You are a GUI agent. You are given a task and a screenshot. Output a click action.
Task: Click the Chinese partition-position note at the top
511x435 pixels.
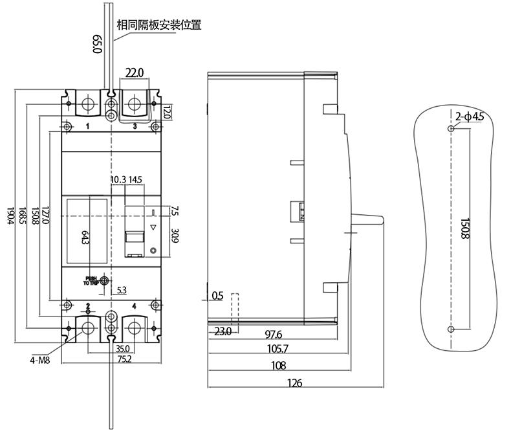click(x=158, y=26)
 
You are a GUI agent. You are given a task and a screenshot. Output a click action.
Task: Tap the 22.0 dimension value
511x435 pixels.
click(x=134, y=72)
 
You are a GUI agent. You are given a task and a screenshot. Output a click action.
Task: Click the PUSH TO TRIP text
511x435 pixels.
click(x=90, y=281)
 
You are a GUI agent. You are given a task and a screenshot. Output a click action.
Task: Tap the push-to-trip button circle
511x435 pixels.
click(x=104, y=281)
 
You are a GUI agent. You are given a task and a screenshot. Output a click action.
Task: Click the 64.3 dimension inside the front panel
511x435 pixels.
click(x=85, y=238)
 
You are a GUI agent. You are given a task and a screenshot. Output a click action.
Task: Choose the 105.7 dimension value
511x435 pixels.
click(x=277, y=350)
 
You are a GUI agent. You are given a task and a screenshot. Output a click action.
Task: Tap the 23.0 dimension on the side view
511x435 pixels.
click(x=223, y=331)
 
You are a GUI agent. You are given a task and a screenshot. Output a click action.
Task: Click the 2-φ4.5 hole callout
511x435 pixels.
click(x=469, y=117)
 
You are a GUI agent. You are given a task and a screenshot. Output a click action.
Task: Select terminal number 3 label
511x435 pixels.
click(x=135, y=127)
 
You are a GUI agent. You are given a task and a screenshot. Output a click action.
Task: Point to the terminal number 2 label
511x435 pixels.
click(x=87, y=305)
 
